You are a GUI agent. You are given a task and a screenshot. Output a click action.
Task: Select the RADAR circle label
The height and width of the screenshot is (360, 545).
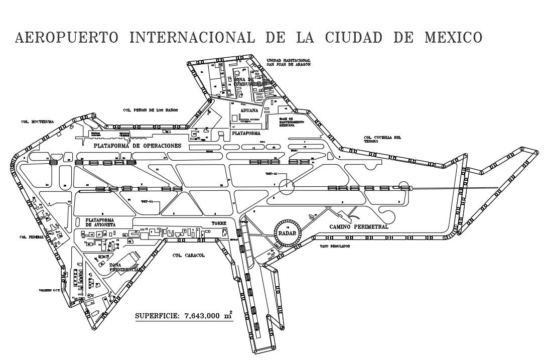click(288, 231)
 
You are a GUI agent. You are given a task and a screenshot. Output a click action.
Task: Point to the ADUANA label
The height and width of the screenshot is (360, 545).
click(249, 110)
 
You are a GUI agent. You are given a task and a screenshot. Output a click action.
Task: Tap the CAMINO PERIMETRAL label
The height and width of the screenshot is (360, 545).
click(359, 227)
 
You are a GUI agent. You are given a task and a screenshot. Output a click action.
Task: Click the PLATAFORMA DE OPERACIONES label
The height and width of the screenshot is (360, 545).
click(137, 145)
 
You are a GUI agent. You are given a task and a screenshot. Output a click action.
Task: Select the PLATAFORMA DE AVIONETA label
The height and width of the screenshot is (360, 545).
click(101, 222)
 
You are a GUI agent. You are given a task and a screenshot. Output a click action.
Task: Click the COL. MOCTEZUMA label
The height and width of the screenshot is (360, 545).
click(38, 122)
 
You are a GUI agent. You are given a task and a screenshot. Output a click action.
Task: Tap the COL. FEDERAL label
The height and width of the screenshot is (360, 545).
click(30, 237)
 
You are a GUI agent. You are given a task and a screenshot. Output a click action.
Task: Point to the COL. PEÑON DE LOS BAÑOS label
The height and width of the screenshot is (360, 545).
click(151, 109)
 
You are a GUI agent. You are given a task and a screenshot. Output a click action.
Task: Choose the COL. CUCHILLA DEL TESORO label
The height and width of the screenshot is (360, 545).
click(382, 139)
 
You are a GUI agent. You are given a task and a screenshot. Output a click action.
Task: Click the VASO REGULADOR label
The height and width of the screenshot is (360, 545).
click(334, 247)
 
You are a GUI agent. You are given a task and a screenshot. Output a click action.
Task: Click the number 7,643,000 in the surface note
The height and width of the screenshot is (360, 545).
click(197, 316)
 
